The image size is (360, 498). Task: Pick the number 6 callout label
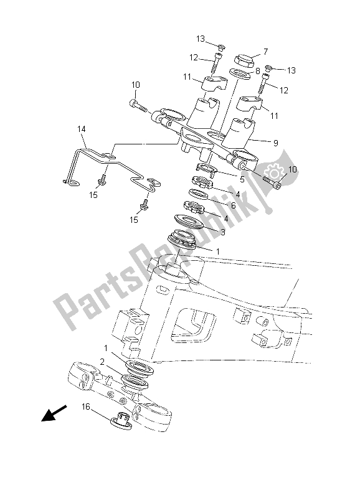click(x=234, y=205)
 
